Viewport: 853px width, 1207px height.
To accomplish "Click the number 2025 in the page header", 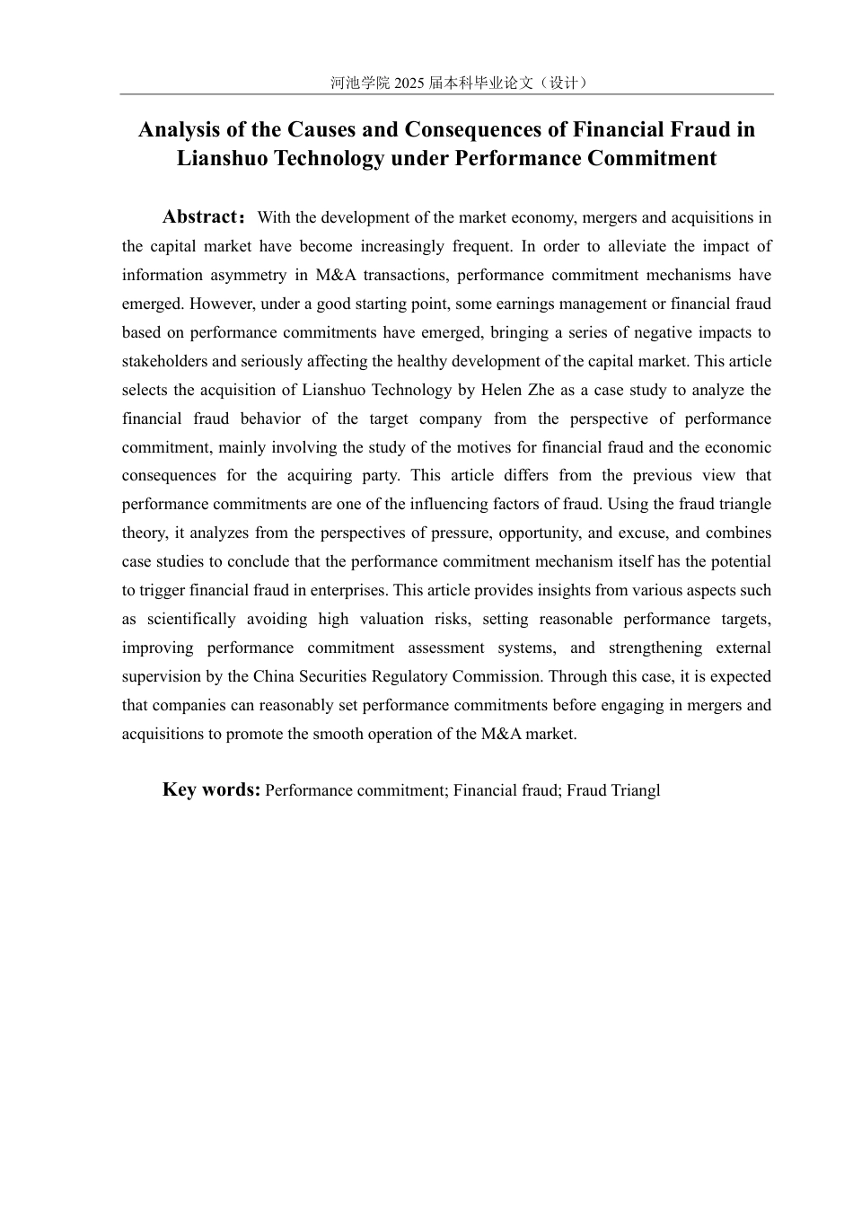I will [x=408, y=83].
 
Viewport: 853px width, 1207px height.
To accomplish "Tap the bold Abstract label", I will [x=199, y=216].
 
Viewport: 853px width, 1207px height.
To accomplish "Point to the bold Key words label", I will [x=211, y=789].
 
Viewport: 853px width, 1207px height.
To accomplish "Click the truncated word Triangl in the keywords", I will [x=635, y=790].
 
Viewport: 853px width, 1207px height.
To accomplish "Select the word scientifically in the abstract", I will [x=191, y=619].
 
